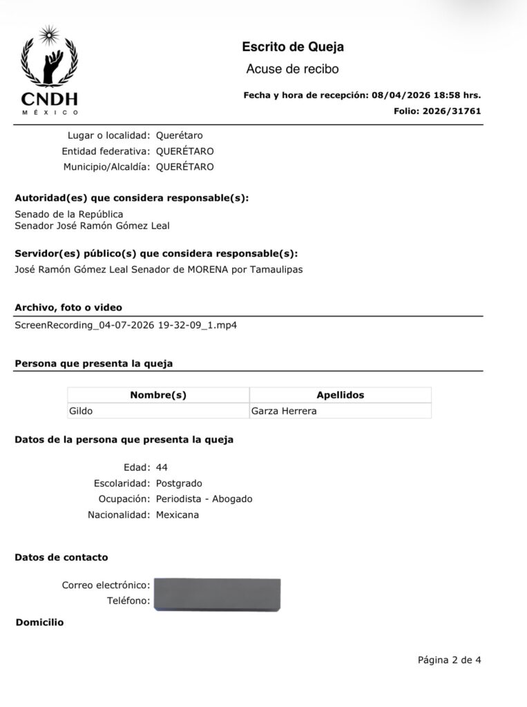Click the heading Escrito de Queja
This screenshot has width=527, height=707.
pyautogui.click(x=293, y=47)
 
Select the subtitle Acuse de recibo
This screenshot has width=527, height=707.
pyautogui.click(x=292, y=69)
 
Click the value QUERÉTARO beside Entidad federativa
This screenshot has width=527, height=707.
pyautogui.click(x=184, y=151)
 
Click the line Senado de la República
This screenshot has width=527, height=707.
pyautogui.click(x=69, y=214)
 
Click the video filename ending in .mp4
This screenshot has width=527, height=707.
pyautogui.click(x=126, y=325)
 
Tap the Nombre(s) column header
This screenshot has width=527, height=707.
pyautogui.click(x=158, y=395)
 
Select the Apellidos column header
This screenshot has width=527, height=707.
pyautogui.click(x=340, y=395)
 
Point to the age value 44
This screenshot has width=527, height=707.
pyautogui.click(x=162, y=467)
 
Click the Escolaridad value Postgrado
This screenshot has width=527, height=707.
pyautogui.click(x=179, y=483)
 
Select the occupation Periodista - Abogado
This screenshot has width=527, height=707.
pyautogui.click(x=204, y=498)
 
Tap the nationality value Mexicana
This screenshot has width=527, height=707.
pyautogui.click(x=178, y=514)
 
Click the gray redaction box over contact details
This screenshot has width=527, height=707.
pyautogui.click(x=217, y=594)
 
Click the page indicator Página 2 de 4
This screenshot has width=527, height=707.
pyautogui.click(x=449, y=659)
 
